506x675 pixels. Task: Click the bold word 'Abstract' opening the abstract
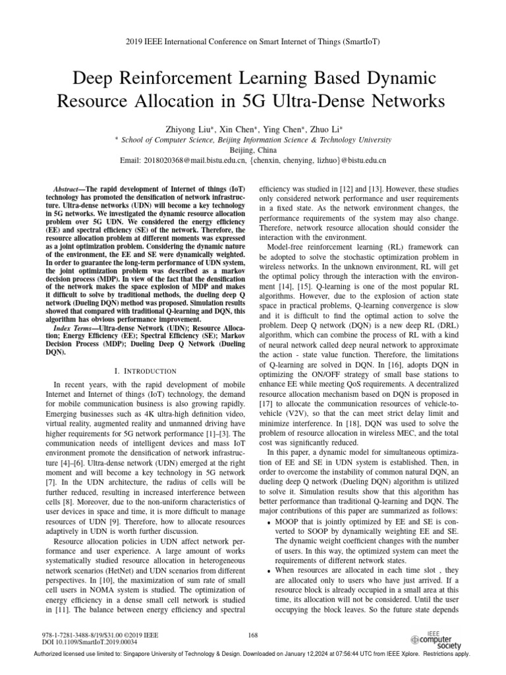pos(69,189)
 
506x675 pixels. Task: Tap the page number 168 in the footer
pos(252,634)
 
